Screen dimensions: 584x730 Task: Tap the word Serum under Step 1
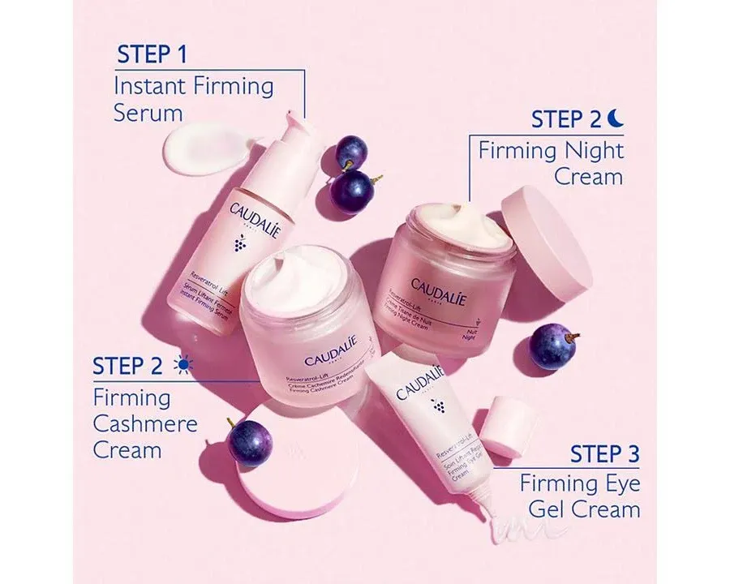point(148,113)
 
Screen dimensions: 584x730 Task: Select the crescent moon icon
point(617,119)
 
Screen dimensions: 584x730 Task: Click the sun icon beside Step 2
point(183,367)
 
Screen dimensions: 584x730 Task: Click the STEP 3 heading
point(605,454)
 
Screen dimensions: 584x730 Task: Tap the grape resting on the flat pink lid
point(249,443)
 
